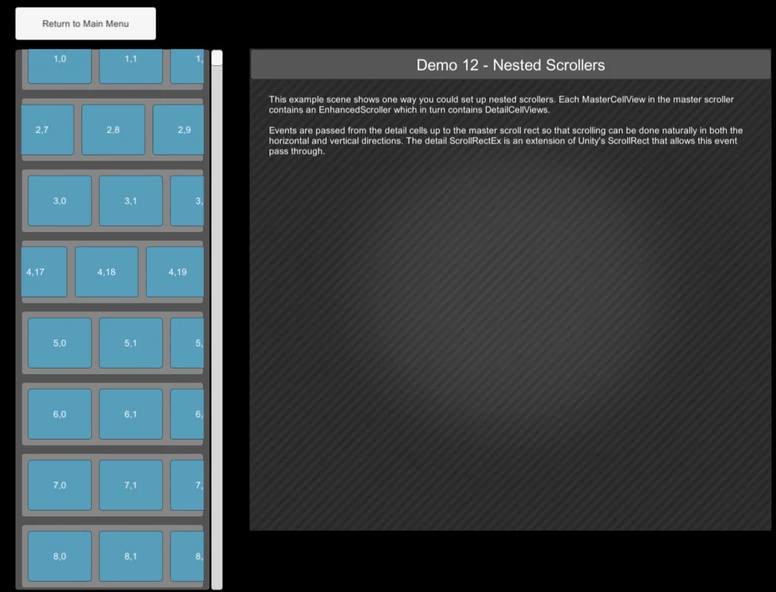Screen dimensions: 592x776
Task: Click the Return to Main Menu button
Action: coord(85,24)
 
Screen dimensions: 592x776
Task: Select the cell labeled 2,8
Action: coord(113,129)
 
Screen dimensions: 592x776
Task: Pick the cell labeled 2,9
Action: coord(178,129)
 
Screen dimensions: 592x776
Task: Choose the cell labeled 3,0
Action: coord(59,201)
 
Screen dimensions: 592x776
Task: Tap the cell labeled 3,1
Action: coord(130,201)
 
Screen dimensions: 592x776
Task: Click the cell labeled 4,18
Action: coord(106,272)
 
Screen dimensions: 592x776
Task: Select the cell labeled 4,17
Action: coord(43,272)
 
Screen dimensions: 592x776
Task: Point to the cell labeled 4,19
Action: coord(175,272)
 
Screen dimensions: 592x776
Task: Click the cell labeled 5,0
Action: coord(59,343)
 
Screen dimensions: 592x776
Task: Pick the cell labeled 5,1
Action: coord(130,343)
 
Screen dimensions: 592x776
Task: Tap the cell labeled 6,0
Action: coord(59,414)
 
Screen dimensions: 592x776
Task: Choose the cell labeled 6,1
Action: coord(130,414)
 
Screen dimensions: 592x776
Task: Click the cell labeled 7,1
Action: coord(130,485)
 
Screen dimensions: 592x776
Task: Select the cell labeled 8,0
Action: coord(59,556)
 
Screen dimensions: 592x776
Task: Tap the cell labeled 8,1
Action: coord(130,556)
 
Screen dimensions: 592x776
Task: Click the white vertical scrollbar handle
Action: coord(217,58)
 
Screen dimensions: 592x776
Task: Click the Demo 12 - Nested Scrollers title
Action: coord(510,65)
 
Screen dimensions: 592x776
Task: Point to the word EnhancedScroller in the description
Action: coord(355,110)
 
